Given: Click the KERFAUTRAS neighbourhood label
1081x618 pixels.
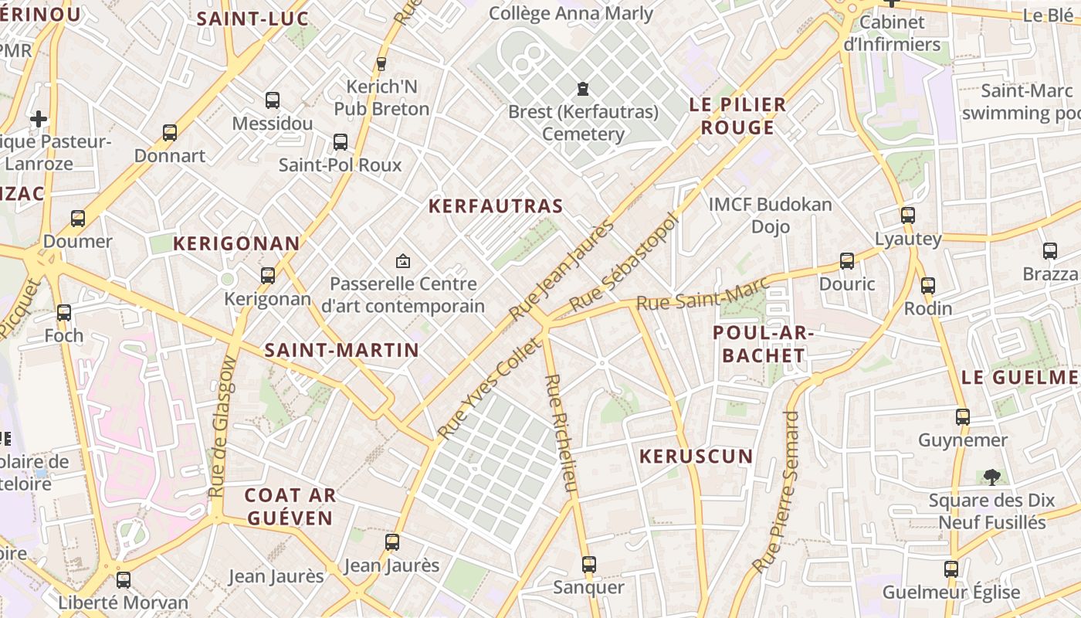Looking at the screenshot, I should pyautogui.click(x=496, y=206).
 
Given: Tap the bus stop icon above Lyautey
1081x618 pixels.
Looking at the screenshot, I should pyautogui.click(x=908, y=216).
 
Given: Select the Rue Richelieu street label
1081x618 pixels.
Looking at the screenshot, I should pyautogui.click(x=561, y=433).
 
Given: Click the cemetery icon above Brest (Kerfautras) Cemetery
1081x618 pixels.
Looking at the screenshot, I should pyautogui.click(x=583, y=88).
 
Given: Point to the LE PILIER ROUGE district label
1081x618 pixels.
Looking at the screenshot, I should pyautogui.click(x=737, y=116).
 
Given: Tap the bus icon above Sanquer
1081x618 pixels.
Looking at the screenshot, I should pyautogui.click(x=589, y=565).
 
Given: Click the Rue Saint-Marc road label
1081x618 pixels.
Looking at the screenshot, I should pyautogui.click(x=702, y=293).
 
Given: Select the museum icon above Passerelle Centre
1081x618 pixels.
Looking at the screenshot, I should pyautogui.click(x=402, y=261).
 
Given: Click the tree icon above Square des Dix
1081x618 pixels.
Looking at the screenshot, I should pyautogui.click(x=991, y=477).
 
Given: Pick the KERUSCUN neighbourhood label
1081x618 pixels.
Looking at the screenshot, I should pyautogui.click(x=696, y=457).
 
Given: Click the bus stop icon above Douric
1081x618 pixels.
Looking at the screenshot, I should pyautogui.click(x=847, y=261).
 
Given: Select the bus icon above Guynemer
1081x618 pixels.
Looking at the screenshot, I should pyautogui.click(x=963, y=417).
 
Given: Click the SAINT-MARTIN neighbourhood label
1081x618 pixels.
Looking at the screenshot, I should pyautogui.click(x=341, y=350).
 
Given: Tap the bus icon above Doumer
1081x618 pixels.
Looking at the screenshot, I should pyautogui.click(x=78, y=219).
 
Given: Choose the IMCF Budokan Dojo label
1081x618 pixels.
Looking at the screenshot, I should pyautogui.click(x=770, y=216).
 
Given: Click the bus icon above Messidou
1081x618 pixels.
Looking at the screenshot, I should pyautogui.click(x=273, y=100).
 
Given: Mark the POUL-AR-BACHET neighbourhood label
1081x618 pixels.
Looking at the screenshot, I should pyautogui.click(x=759, y=344).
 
